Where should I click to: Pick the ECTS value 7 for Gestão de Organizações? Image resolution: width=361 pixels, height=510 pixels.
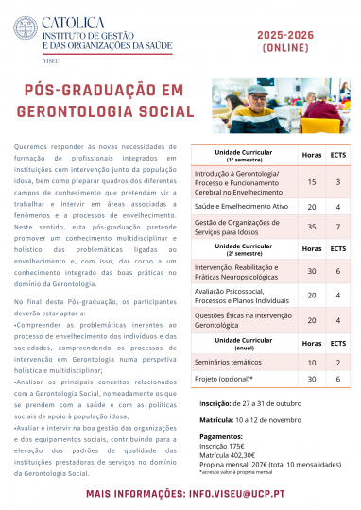pos(337,228)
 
